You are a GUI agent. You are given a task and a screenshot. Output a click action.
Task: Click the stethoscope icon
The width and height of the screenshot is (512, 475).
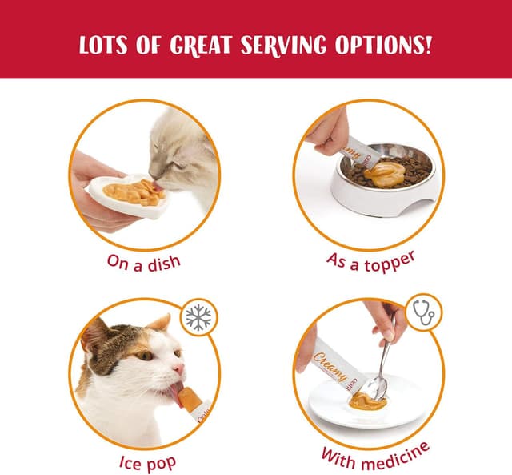pyautogui.click(x=423, y=313)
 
